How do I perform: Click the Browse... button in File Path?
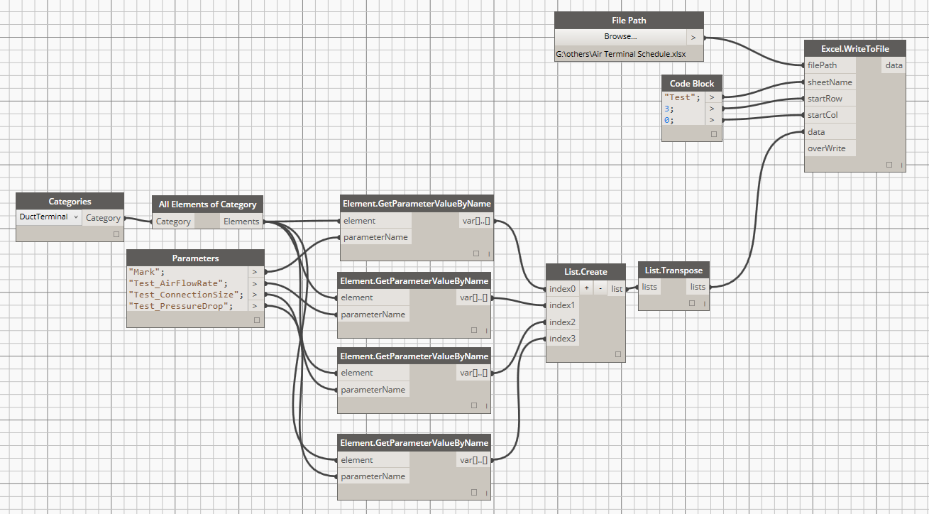[x=620, y=37]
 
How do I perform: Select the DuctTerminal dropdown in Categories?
[x=49, y=217]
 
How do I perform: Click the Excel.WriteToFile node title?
[x=856, y=48]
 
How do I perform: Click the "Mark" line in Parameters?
[x=147, y=272]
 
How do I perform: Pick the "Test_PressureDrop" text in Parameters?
[x=181, y=306]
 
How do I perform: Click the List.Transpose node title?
[x=674, y=270]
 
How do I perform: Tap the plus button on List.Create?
[x=586, y=288]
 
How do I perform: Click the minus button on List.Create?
[x=600, y=288]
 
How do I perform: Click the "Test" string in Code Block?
[x=678, y=97]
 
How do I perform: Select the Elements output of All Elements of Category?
[x=241, y=222]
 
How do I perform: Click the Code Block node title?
[x=692, y=84]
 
